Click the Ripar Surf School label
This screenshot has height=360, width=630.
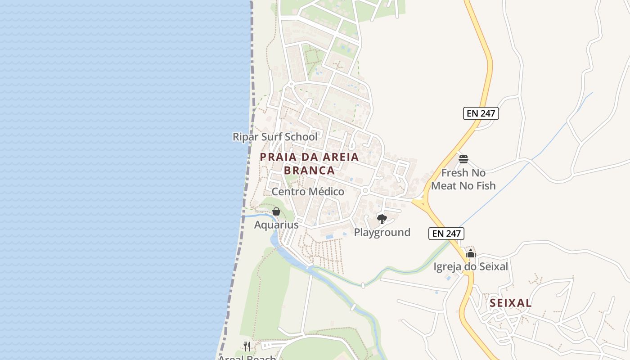point(274,137)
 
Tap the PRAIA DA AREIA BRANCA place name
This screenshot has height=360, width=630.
point(310,164)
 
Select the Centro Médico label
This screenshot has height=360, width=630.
point(308,192)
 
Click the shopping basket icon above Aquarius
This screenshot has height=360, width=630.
point(276,211)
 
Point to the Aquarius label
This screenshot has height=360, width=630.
point(276,225)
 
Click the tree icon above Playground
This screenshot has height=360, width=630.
point(382,219)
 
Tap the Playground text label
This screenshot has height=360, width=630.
point(382,232)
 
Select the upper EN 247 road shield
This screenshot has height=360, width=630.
point(481,113)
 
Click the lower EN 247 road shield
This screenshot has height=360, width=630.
point(446,233)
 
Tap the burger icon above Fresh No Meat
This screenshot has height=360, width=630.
point(463,159)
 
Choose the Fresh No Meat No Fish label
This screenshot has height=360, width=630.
point(463,179)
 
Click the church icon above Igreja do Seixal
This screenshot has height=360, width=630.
point(471,254)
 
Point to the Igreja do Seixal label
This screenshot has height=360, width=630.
point(471,267)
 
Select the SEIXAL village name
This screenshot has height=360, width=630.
point(511,303)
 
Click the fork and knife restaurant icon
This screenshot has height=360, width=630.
point(247,346)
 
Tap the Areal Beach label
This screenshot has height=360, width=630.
point(247,357)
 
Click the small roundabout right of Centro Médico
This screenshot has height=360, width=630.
point(365,191)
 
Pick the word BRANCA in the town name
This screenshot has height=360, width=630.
point(310,171)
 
